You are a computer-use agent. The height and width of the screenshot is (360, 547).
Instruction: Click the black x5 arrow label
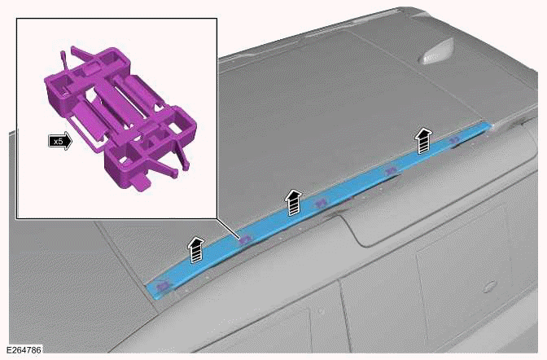[x=60, y=142]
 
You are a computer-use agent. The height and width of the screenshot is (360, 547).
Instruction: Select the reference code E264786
[x=24, y=350]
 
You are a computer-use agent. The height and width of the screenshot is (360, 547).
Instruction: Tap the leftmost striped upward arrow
[x=196, y=249]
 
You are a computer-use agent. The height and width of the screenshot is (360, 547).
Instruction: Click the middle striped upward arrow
[x=294, y=203]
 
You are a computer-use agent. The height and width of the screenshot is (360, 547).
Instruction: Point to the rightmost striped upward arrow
[x=423, y=140]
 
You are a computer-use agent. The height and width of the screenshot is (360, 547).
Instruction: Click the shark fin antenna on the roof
[x=436, y=52]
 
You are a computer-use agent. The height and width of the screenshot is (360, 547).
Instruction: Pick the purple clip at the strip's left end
[x=163, y=287]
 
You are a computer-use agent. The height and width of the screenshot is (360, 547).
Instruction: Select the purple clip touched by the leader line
[x=245, y=239]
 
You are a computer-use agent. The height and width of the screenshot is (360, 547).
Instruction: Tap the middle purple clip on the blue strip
[x=322, y=203]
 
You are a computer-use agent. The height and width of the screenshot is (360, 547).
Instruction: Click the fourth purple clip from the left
[x=392, y=170]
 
